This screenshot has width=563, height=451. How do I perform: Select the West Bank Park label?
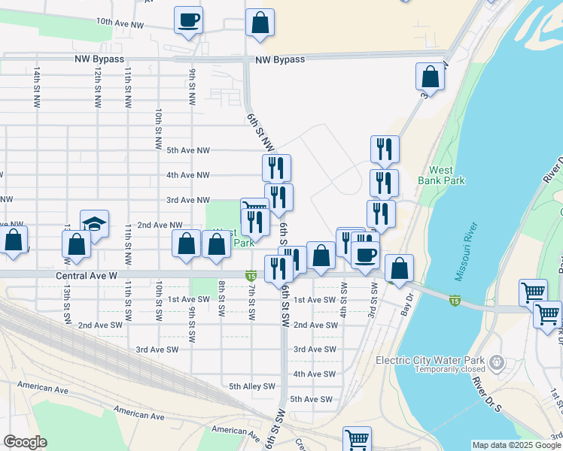coord(447,175)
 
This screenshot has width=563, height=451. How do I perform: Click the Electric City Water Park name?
coord(431,360)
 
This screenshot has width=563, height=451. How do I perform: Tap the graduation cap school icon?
coord(94,223)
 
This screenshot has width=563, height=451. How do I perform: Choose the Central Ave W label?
coord(87,276)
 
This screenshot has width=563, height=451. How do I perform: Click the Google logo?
coord(26,441)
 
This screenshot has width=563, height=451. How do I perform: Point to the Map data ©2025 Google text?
coord(516,445)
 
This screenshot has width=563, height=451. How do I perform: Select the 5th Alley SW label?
coord(252,386)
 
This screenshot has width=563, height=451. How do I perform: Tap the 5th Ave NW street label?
coord(188,150)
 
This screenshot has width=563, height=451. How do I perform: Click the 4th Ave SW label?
coord(314,374)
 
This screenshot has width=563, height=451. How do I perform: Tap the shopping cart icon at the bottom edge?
coord(357,439)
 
